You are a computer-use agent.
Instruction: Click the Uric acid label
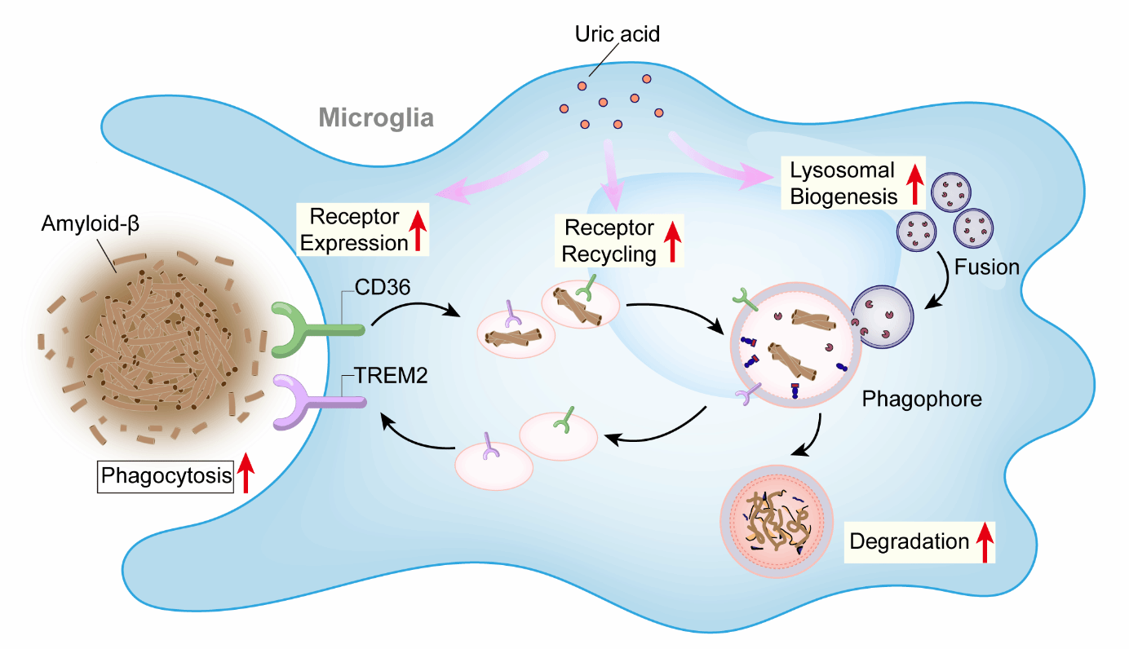point(618,34)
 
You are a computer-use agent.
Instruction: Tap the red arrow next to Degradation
point(985,541)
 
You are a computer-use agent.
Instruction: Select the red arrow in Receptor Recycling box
point(673,241)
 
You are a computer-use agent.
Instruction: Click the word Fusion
point(989,267)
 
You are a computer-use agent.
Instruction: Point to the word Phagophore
point(922,400)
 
